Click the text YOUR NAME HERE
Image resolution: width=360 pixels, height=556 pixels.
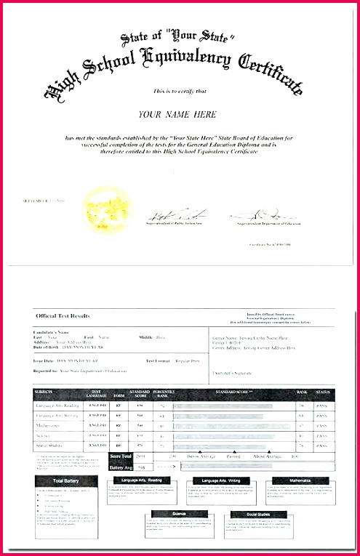click(178, 115)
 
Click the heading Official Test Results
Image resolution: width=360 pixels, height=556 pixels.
click(63, 315)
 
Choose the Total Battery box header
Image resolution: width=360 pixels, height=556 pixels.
click(66, 481)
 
